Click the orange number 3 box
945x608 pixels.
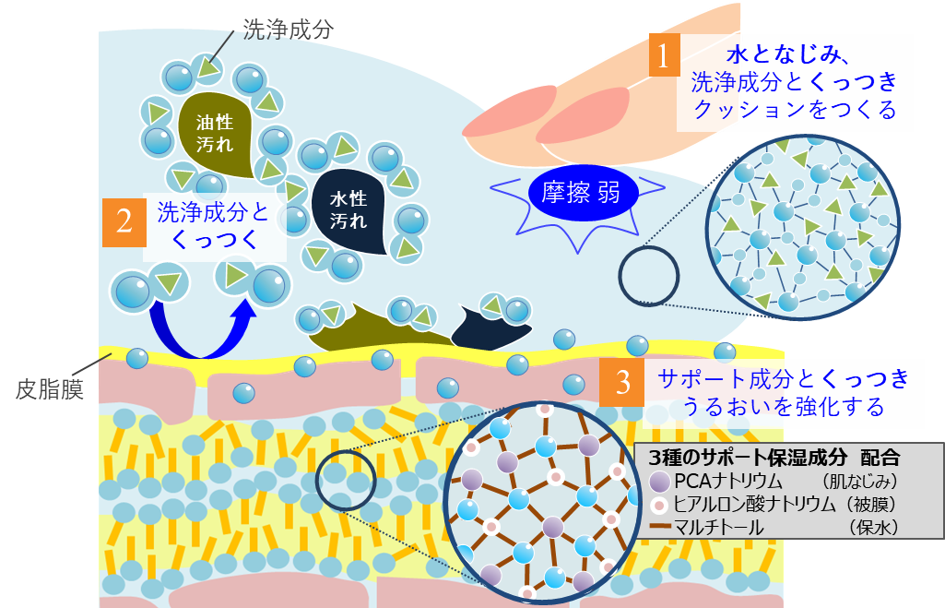(622, 382)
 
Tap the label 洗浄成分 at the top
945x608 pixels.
(278, 30)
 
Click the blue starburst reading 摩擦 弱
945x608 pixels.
(577, 194)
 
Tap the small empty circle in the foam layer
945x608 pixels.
(648, 274)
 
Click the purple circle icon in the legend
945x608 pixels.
(658, 482)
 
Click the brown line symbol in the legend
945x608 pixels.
(659, 528)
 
